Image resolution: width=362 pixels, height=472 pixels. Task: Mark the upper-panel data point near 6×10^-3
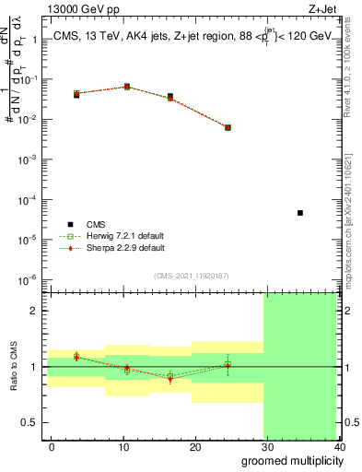(x=228, y=127)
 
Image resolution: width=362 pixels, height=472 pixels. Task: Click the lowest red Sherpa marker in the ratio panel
(x=170, y=379)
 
